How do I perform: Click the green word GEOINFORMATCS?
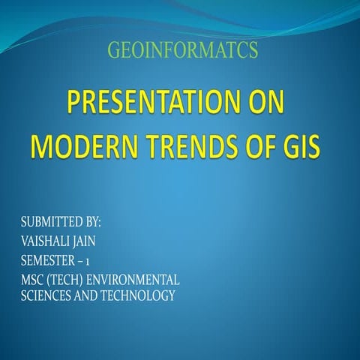coord(182,50)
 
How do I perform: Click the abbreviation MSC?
coord(33,279)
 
